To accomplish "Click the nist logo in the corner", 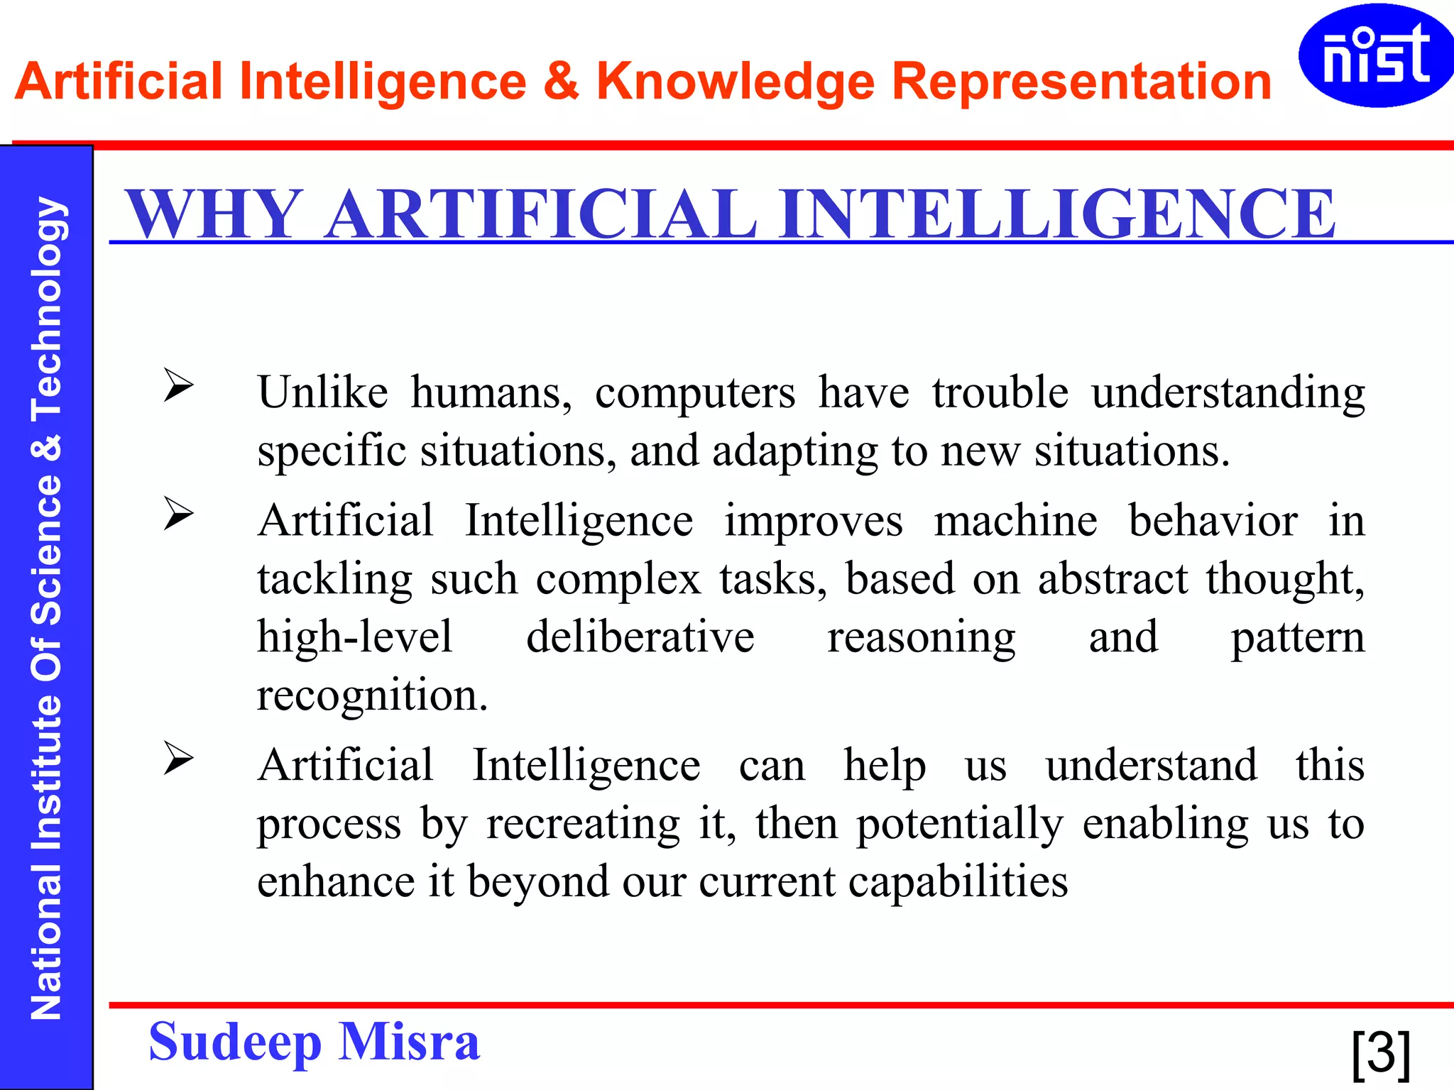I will pyautogui.click(x=1375, y=55).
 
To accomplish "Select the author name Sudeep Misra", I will pyautogui.click(x=314, y=1042).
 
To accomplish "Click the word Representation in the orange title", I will pyautogui.click(x=1081, y=82).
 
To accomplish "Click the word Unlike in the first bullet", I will pyautogui.click(x=323, y=392).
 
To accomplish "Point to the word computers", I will pyautogui.click(x=695, y=393).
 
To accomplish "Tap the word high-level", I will pyautogui.click(x=354, y=637).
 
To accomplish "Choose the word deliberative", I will pyautogui.click(x=640, y=637).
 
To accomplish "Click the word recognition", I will pyautogui.click(x=372, y=695).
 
